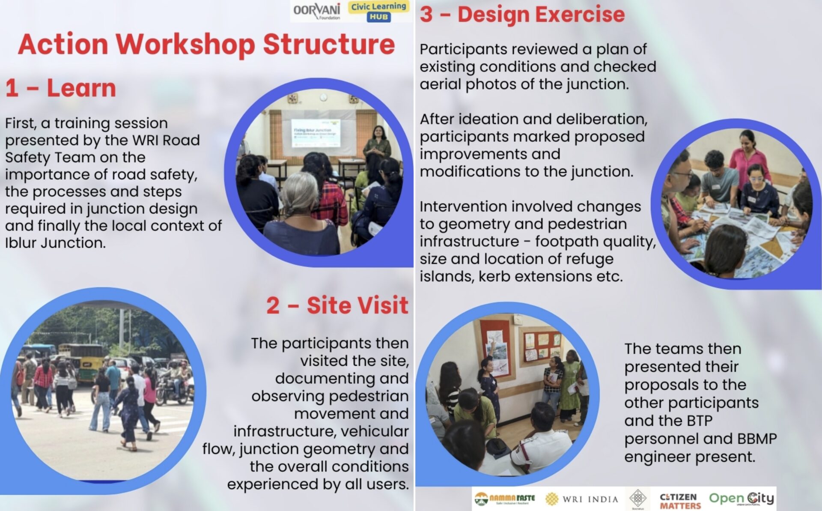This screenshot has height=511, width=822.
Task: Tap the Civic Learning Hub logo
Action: (x=378, y=12)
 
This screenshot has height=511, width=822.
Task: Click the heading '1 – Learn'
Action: (x=61, y=88)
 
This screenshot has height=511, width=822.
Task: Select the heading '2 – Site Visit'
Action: (x=337, y=305)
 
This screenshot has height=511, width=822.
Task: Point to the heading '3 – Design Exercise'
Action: (x=522, y=14)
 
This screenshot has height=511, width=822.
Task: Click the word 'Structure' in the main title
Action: (x=328, y=45)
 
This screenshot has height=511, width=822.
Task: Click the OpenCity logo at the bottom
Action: (x=741, y=499)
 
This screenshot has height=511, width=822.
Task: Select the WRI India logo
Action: (x=582, y=499)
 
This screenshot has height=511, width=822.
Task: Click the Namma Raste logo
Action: (x=505, y=499)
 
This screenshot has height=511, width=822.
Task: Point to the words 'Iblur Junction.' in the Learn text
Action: (x=55, y=243)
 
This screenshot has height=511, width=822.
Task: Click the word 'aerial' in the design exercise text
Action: (x=440, y=84)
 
